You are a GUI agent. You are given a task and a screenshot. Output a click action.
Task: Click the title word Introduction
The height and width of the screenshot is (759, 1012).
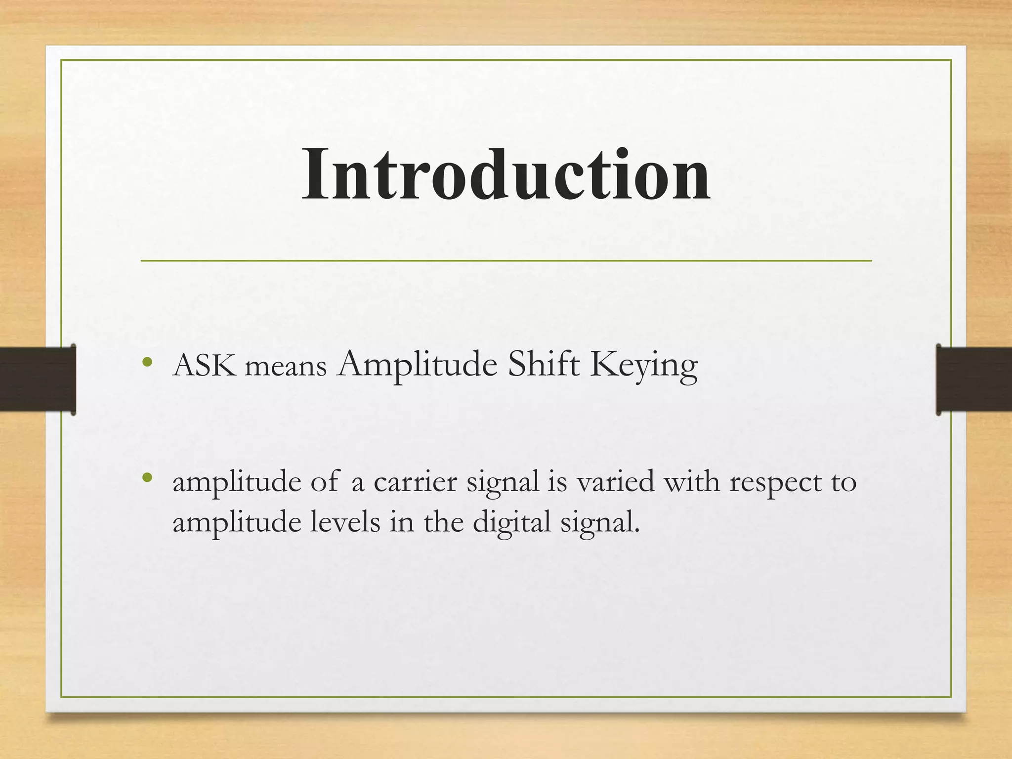(506, 175)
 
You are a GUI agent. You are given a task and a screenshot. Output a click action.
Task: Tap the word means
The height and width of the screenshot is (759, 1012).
(286, 368)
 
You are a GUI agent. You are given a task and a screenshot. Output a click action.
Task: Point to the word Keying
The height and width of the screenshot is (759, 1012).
(643, 367)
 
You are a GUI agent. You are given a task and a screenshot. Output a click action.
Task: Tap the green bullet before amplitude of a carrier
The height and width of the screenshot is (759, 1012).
(146, 478)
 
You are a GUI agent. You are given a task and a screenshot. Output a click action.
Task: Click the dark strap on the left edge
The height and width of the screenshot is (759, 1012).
(37, 379)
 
